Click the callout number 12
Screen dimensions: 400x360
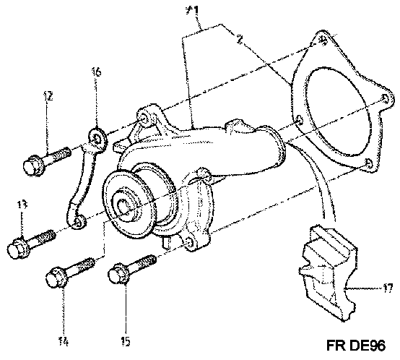coord(48,96)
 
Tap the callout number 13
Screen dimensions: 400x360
coord(22,205)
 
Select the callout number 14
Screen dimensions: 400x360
coord(64,341)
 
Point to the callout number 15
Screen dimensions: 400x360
coord(125,341)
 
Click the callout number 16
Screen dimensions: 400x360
coord(96,72)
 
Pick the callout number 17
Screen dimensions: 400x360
coord(387,288)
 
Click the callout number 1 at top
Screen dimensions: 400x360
coord(193,10)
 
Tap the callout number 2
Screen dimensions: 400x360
coord(240,39)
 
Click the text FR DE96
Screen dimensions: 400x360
coord(356,346)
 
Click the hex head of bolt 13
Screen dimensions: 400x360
coord(16,248)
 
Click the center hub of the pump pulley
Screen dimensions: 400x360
coord(124,206)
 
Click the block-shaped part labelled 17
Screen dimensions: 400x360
coord(329,273)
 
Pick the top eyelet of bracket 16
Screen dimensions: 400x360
coord(97,139)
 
